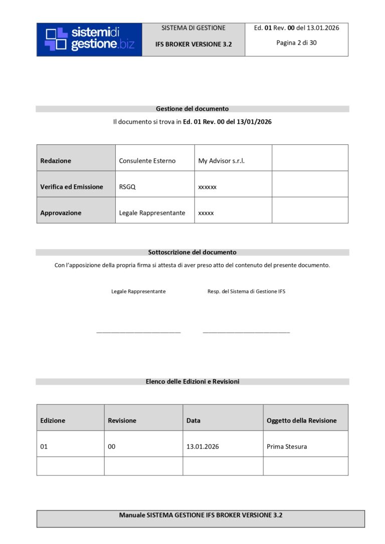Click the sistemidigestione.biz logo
click(x=90, y=39)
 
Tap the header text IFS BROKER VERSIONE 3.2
click(x=194, y=44)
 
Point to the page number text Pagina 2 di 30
click(x=296, y=43)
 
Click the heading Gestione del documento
click(x=192, y=109)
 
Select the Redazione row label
click(x=56, y=161)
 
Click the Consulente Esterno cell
click(x=147, y=161)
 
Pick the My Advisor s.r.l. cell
click(x=222, y=161)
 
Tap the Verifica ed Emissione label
click(x=72, y=187)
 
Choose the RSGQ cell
click(x=127, y=187)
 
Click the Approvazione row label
click(x=61, y=213)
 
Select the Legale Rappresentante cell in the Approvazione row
click(x=152, y=213)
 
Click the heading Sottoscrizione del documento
click(x=192, y=252)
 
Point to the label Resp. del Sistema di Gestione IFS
click(x=246, y=292)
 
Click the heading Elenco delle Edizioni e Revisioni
click(x=192, y=382)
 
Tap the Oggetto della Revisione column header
click(x=302, y=421)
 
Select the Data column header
click(x=194, y=421)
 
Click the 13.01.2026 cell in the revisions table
click(x=203, y=447)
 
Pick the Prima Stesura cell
click(x=287, y=447)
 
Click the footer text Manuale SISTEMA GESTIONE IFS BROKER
click(x=201, y=515)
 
